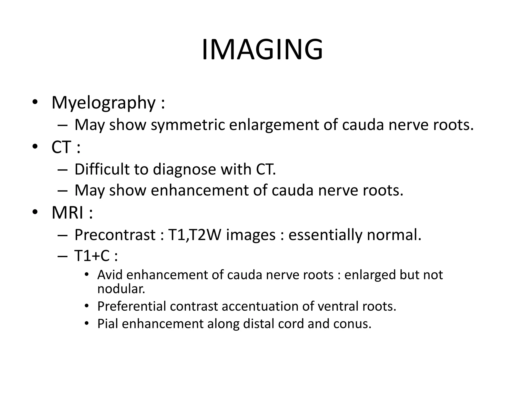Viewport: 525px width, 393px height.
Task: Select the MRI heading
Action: click(67, 213)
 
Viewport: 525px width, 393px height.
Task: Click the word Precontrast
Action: click(115, 235)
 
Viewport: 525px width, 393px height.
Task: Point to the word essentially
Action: click(325, 235)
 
